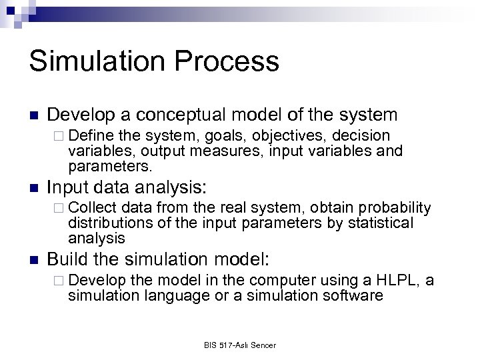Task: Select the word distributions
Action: [x=107, y=223]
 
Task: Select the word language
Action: [x=166, y=295]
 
